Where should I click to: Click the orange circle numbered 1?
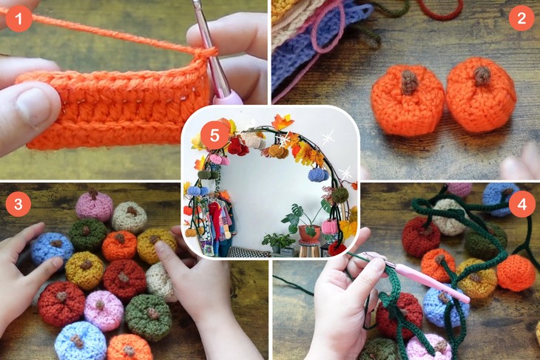18,18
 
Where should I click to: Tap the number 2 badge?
521,18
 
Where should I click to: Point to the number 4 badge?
521,203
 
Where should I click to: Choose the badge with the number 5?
214,135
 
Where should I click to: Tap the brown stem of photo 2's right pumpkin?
482,75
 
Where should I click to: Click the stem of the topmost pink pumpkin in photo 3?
93,196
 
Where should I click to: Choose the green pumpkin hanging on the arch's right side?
339,194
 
